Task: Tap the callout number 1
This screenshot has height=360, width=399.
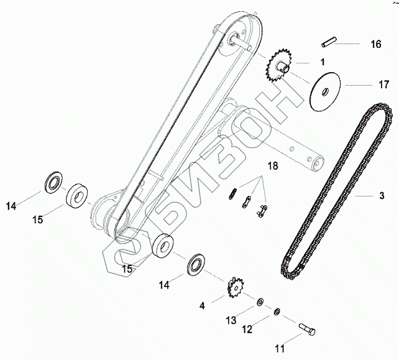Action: (x=323, y=62)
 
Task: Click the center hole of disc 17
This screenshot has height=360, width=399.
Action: (x=324, y=91)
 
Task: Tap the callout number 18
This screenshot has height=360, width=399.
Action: (x=272, y=165)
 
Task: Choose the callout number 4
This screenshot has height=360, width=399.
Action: (x=202, y=305)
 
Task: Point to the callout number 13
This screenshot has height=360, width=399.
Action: (x=231, y=320)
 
